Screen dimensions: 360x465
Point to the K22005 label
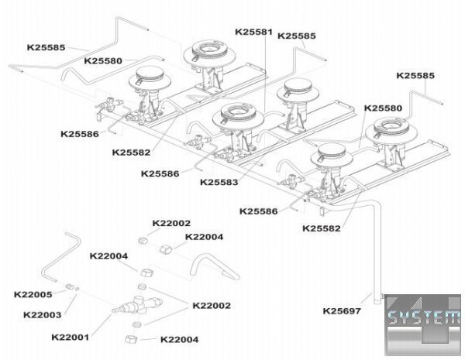(x=33, y=295)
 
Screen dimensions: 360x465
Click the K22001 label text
(x=71, y=337)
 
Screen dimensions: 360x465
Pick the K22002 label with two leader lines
(x=212, y=306)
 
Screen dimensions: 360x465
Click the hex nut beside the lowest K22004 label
(x=129, y=339)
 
